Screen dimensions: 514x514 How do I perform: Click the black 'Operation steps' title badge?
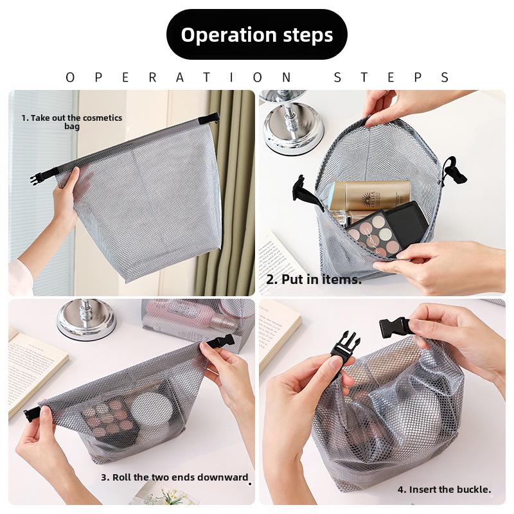click(x=257, y=35)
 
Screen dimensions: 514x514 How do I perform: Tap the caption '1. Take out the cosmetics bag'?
click(x=71, y=122)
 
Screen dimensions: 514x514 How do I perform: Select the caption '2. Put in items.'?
click(x=314, y=279)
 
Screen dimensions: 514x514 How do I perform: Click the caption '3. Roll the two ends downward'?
click(x=174, y=477)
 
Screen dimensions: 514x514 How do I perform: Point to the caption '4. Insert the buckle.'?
click(x=444, y=489)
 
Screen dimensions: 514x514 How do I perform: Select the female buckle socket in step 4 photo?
click(x=394, y=327)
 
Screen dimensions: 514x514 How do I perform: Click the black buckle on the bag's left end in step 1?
click(x=37, y=177)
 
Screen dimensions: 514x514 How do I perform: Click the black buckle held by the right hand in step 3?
click(x=221, y=341)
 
